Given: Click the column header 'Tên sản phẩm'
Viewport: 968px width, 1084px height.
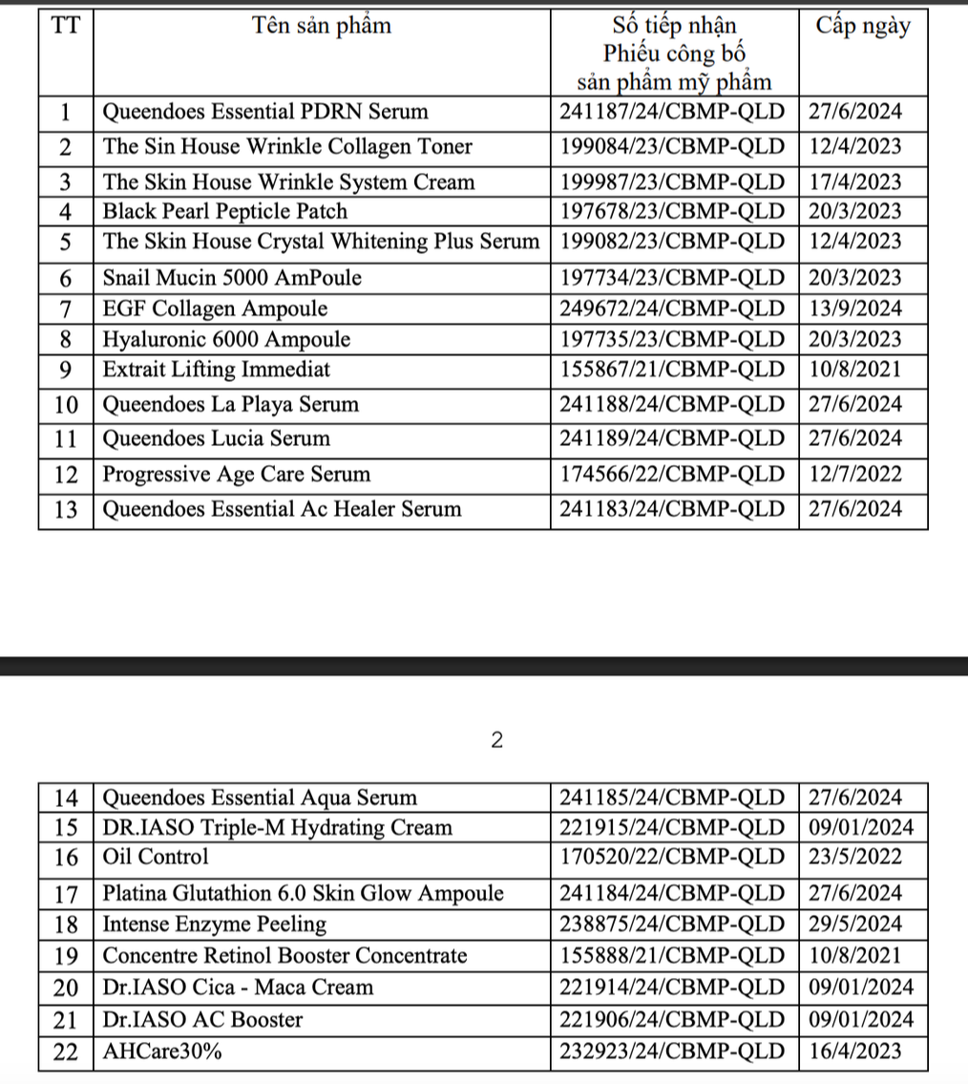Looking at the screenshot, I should (322, 27).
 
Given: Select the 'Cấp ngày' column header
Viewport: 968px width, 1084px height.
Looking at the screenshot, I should (863, 27).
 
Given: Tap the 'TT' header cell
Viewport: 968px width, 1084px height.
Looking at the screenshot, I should (65, 27).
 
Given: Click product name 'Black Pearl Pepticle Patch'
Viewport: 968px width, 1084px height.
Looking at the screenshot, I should (225, 211).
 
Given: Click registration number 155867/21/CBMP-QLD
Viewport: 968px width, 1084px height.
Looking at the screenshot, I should (674, 370).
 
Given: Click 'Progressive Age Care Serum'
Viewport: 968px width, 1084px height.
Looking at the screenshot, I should (237, 475).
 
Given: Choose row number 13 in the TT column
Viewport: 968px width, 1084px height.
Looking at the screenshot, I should (65, 509).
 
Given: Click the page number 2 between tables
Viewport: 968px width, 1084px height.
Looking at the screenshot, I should (495, 740).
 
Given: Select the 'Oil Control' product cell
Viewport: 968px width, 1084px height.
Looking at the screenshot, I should (156, 857).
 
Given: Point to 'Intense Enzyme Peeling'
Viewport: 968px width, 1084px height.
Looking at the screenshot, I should (215, 925).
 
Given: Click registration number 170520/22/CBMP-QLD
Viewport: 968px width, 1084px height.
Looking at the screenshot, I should (674, 857).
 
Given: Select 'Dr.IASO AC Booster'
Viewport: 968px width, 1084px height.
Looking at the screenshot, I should (202, 1020).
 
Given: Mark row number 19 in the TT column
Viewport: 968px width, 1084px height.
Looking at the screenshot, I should (65, 955).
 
